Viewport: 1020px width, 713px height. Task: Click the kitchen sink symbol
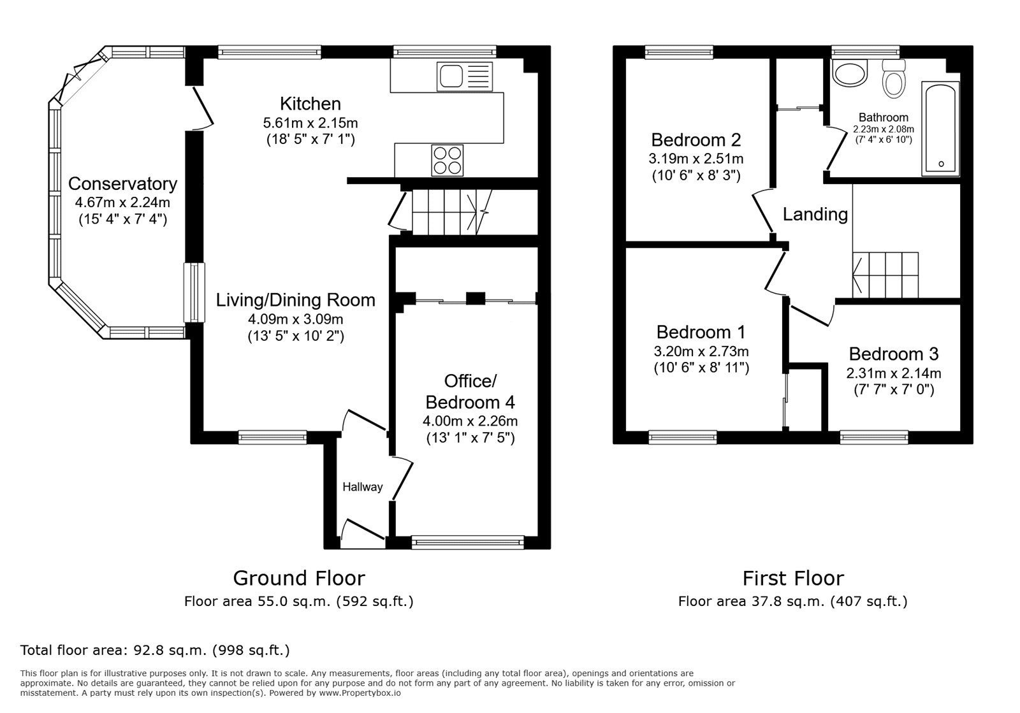[464, 76]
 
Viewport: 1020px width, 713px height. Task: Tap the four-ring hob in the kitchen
[448, 161]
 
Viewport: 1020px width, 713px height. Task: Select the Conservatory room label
[122, 184]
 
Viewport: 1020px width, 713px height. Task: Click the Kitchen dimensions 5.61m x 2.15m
[310, 122]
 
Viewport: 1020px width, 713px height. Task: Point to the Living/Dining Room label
[295, 299]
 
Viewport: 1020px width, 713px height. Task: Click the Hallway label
[362, 487]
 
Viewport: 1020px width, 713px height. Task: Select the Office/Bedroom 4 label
[470, 392]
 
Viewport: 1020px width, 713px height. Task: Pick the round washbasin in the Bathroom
[850, 74]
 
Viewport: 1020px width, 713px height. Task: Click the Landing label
[815, 214]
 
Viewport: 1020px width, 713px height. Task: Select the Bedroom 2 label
[696, 140]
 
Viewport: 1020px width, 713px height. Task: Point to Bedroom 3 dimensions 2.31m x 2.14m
[893, 373]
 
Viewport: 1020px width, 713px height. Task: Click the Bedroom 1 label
[701, 332]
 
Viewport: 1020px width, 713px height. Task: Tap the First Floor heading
[792, 578]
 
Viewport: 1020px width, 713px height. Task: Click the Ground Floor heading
[298, 578]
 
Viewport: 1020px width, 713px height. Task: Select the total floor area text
[155, 651]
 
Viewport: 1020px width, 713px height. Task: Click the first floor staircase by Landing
[886, 275]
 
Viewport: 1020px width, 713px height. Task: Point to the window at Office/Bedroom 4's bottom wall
[467, 542]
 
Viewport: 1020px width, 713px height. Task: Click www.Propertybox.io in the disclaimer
[360, 693]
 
